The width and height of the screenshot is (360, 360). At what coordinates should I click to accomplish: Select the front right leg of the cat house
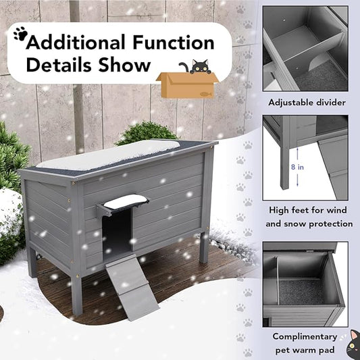pos(203,247)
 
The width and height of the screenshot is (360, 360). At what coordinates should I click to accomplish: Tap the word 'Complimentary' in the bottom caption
pos(305,336)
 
